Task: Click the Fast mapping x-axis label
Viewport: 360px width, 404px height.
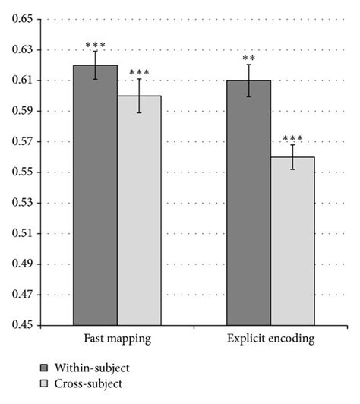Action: tap(117, 337)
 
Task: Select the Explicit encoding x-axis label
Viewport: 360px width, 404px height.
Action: tap(270, 337)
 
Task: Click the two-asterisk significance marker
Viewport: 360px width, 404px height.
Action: tap(248, 58)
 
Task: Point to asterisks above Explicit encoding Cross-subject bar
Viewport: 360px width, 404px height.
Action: tap(292, 139)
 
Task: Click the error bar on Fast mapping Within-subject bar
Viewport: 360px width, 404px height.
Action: tap(95, 65)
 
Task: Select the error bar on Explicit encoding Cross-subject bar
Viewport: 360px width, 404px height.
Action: tap(292, 157)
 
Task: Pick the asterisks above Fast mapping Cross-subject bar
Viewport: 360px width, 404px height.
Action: tap(139, 74)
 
